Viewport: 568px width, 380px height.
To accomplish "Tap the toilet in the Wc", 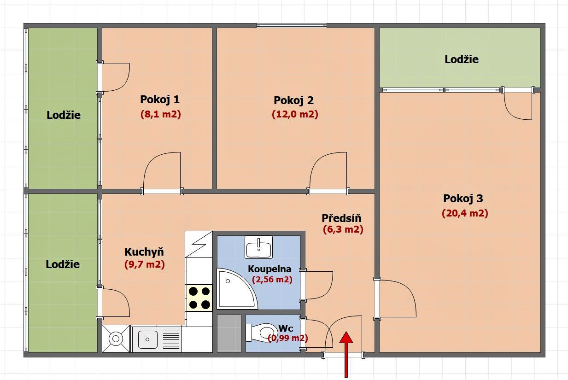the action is coord(262,332).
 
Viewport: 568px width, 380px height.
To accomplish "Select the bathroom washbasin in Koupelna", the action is coord(258,247).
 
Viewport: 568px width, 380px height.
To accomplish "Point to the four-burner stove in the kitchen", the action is coord(199,298).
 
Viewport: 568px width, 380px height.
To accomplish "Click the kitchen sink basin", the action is coord(147,339).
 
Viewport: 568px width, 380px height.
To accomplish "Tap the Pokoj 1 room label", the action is coord(160,99).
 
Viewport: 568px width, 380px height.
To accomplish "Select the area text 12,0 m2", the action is coord(295,114).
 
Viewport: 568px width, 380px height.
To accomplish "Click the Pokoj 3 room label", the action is coord(463,198).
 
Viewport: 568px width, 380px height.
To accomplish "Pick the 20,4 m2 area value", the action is coord(465,213).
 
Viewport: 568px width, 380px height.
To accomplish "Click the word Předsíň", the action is coord(341,218).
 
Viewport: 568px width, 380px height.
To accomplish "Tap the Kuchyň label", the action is coord(144,252).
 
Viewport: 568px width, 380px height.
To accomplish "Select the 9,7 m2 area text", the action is coord(145,264).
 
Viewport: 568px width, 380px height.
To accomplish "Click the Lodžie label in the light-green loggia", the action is coord(462,59).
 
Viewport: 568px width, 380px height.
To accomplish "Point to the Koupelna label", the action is coord(269,269).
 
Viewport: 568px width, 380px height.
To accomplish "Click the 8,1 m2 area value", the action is coord(160,114).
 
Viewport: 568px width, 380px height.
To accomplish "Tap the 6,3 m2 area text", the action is coord(343,229).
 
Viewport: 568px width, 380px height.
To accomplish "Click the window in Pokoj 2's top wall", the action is coord(291,25).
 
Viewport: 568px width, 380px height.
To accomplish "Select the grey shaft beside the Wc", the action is coord(229,333).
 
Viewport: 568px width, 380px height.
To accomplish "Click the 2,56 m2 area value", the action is coord(272,280).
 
